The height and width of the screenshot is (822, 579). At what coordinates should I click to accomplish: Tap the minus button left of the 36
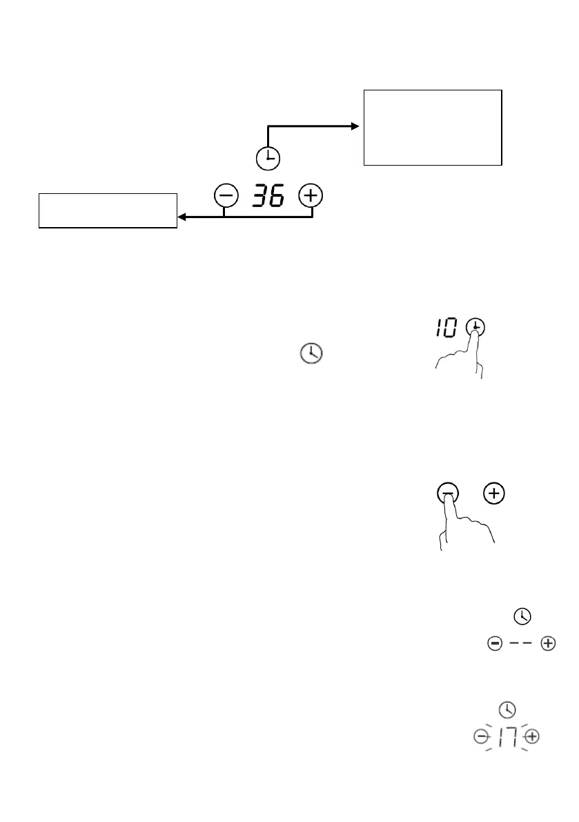(x=225, y=197)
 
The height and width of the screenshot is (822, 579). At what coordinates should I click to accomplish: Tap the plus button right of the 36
(x=311, y=197)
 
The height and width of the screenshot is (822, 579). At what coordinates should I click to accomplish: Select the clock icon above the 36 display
(x=267, y=159)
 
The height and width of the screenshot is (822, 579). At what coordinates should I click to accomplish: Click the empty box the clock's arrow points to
(x=432, y=127)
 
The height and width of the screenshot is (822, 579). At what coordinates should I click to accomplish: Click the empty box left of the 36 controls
(x=107, y=211)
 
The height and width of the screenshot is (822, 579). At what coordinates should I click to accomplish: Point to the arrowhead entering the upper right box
(x=355, y=126)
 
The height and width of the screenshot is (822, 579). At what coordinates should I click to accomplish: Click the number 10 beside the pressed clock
(x=446, y=329)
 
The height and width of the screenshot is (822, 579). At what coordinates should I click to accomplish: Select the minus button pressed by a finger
(x=448, y=493)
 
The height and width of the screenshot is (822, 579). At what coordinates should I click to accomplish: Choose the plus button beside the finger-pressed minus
(x=494, y=493)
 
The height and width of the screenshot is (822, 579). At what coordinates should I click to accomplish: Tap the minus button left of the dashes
(x=494, y=644)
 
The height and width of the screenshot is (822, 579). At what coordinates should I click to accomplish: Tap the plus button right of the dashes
(x=548, y=644)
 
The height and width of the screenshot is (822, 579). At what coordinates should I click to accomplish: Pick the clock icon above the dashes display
(x=522, y=615)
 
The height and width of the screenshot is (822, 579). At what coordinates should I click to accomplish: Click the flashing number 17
(x=507, y=737)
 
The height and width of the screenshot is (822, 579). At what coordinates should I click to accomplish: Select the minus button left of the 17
(x=480, y=737)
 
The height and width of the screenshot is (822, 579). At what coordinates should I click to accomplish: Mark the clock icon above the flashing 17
(x=507, y=709)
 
